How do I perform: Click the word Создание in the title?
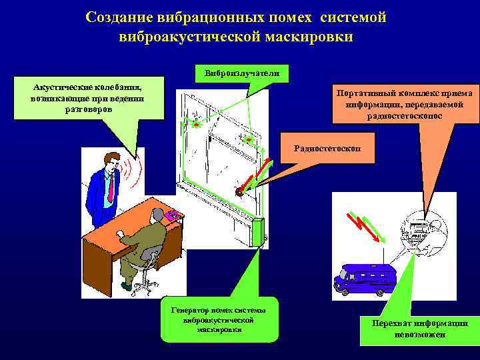point(125,17)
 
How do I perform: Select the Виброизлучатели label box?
point(242,73)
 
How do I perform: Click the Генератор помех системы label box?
point(219,319)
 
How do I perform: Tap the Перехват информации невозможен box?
point(420,328)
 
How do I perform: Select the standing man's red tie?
point(110,187)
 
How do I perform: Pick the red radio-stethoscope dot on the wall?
point(238,191)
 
